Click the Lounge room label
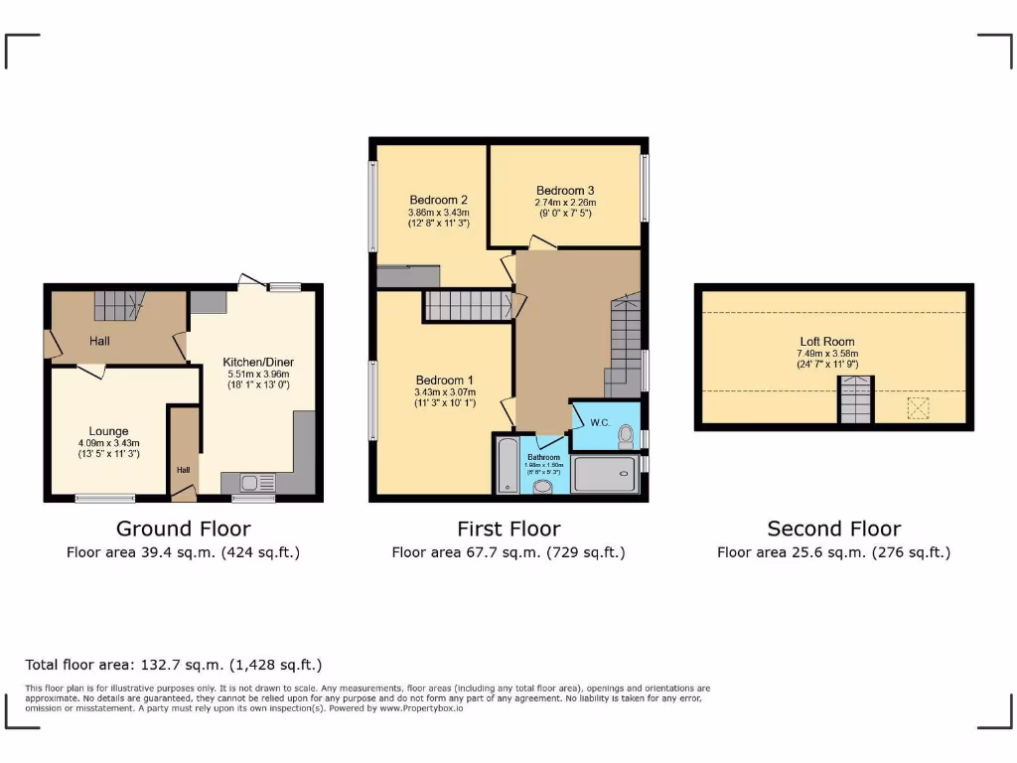(109, 431)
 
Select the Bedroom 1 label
(445, 381)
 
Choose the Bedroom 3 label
(565, 191)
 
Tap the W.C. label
(599, 421)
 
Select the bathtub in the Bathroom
(507, 464)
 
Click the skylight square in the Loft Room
(919, 408)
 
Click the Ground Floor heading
(183, 529)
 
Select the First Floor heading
(508, 529)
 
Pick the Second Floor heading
(833, 529)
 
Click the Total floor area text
(174, 665)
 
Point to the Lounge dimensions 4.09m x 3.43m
(109, 443)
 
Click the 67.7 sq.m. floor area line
(508, 552)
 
